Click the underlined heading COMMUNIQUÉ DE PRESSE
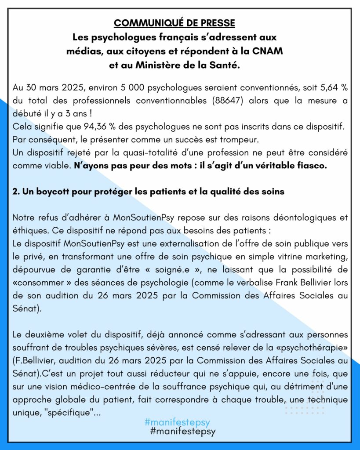[174, 23]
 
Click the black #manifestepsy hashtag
[183, 432]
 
